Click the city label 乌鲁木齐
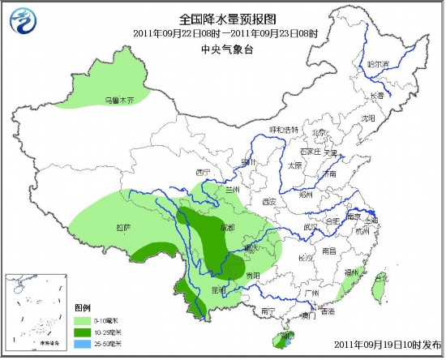[x=117, y=101]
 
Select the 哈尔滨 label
[x=378, y=63]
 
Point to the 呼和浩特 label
[x=284, y=130]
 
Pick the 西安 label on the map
[x=269, y=201]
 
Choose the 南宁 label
[x=268, y=311]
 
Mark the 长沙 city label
[x=305, y=258]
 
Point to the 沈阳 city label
[x=369, y=118]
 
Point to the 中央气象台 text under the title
[x=222, y=49]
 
